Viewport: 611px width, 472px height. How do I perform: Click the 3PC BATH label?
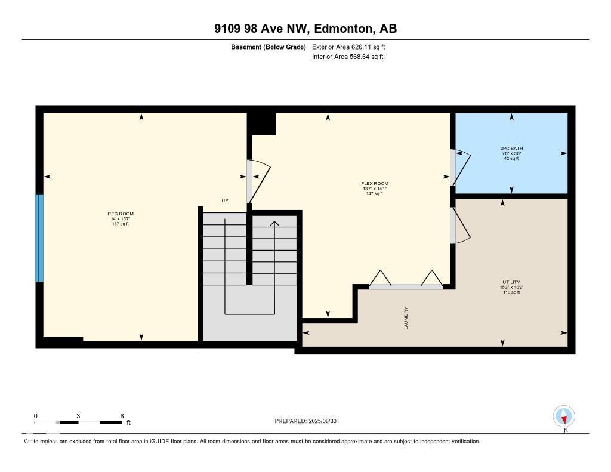click(511, 148)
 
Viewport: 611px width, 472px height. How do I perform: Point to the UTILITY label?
click(511, 282)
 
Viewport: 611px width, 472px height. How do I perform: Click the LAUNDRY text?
click(406, 318)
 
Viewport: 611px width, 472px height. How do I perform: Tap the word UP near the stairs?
click(225, 200)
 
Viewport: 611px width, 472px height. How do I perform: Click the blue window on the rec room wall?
click(39, 238)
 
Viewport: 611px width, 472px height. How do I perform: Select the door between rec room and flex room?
click(258, 181)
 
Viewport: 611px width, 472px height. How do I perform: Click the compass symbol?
click(564, 416)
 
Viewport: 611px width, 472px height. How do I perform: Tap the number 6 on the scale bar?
click(122, 416)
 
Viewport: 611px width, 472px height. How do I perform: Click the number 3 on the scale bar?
click(78, 416)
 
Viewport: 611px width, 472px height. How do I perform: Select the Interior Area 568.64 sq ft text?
click(348, 57)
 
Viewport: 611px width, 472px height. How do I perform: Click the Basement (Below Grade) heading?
click(269, 47)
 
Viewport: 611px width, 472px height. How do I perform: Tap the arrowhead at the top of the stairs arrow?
click(274, 223)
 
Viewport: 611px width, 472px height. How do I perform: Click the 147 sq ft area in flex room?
click(374, 193)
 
